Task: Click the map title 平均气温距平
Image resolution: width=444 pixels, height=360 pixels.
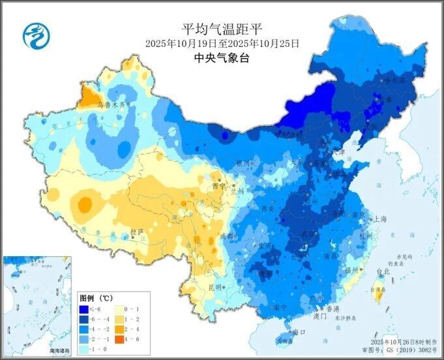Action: pyautogui.click(x=222, y=29)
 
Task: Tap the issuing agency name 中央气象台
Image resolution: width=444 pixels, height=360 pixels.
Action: pyautogui.click(x=222, y=57)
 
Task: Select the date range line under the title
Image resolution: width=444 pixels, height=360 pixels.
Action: pyautogui.click(x=222, y=43)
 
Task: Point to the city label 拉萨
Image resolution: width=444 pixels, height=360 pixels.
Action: pyautogui.click(x=136, y=232)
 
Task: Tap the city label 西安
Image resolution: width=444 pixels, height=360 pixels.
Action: pyautogui.click(x=268, y=209)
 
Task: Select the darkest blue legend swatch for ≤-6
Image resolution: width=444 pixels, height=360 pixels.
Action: pyautogui.click(x=84, y=309)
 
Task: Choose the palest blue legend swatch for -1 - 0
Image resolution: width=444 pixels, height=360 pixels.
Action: pyautogui.click(x=84, y=350)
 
